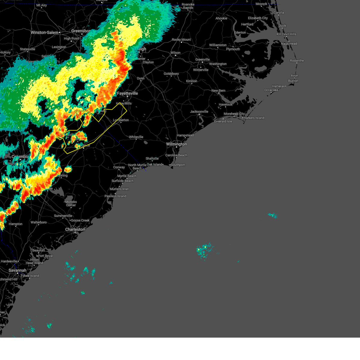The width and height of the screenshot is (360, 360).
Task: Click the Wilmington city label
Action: tap(176, 144)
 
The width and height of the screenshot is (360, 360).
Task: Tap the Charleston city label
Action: tap(75, 229)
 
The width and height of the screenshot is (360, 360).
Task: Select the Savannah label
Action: tap(17, 270)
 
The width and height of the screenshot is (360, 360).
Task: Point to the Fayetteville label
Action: tap(127, 94)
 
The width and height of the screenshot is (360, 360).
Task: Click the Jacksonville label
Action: tap(199, 112)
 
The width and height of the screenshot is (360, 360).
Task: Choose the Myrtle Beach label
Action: tap(127, 176)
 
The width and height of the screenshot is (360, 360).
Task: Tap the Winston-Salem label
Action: tap(44, 32)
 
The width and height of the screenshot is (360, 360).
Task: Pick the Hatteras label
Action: tap(278, 86)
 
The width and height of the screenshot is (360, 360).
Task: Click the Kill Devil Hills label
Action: tap(286, 34)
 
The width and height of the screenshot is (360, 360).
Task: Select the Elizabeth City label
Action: tap(258, 18)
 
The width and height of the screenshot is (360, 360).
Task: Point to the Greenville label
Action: tap(202, 59)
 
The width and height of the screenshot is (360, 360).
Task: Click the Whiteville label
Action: tap(136, 137)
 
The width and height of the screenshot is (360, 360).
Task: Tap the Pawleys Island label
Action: tap(115, 196)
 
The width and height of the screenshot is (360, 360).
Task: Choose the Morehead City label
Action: tap(234, 114)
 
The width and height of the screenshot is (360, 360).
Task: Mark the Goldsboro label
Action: tap(171, 74)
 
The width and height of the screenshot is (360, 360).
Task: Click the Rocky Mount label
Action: tap(181, 40)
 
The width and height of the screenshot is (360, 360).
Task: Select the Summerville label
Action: tap(63, 216)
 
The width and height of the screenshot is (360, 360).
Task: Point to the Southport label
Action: tap(178, 165)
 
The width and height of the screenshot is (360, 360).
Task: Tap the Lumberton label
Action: tap(121, 120)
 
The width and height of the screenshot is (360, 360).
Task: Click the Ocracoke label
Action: tap(271, 90)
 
